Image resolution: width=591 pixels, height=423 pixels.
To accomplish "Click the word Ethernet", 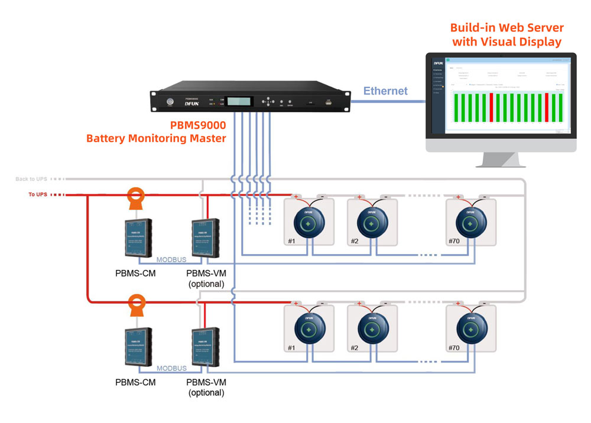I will tap(385, 91).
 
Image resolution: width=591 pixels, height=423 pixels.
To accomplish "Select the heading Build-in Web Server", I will tap(506, 28).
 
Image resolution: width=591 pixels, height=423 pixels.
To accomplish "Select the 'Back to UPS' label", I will tap(31, 178).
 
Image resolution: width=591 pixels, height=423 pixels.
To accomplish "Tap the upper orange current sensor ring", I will tap(137, 196).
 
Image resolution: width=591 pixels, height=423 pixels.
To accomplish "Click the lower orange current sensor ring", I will tap(137, 303).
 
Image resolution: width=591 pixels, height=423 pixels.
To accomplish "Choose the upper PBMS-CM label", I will tap(135, 274).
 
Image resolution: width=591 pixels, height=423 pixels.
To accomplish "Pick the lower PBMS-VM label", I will tap(206, 382).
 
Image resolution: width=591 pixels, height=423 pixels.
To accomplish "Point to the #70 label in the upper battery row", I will tap(453, 241).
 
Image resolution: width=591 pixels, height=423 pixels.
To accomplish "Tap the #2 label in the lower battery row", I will tap(354, 348).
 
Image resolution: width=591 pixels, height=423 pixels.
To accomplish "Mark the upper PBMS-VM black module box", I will tap(206, 237).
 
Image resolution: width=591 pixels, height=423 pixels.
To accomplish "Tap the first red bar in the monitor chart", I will tap(491, 106).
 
